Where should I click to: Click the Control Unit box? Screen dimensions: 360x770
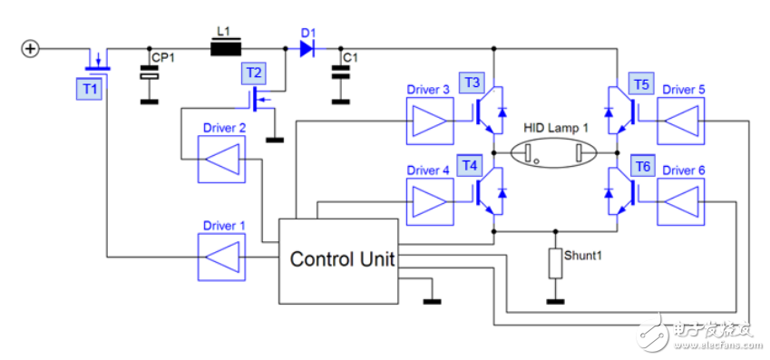tap(341, 260)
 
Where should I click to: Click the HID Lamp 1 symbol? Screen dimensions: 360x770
tap(555, 152)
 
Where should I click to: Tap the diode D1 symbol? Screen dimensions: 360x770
tap(307, 48)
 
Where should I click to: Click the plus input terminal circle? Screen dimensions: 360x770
tap(30, 48)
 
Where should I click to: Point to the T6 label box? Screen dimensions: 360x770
tap(642, 166)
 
